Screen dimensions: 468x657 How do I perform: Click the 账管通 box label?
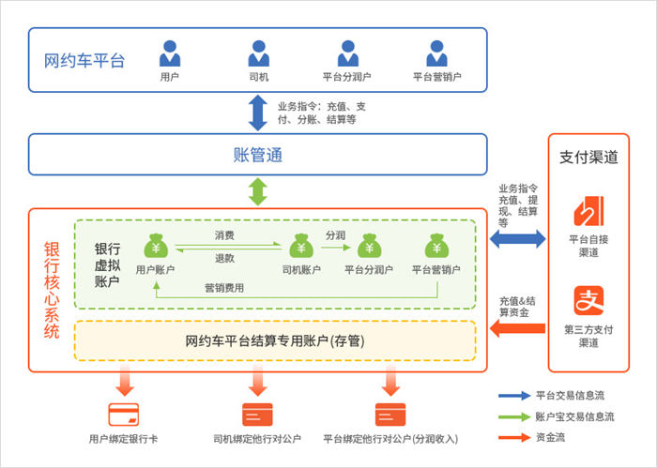click(257, 155)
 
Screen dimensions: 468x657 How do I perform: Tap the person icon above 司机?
click(259, 53)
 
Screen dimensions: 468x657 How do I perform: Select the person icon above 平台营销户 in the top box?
click(436, 53)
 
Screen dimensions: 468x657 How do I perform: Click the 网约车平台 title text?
click(84, 62)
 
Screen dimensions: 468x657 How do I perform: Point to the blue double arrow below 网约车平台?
click(257, 113)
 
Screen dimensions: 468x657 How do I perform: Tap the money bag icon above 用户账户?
click(156, 247)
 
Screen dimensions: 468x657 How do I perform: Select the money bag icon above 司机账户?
click(301, 247)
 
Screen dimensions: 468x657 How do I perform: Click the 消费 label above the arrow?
click(225, 234)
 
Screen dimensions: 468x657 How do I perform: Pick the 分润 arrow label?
click(336, 234)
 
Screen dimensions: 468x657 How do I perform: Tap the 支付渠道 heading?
click(588, 158)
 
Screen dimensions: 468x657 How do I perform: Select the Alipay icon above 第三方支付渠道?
click(588, 303)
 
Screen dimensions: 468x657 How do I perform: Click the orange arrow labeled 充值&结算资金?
click(515, 328)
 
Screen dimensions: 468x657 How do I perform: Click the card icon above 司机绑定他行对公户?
click(257, 414)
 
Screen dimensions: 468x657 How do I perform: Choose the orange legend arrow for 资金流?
click(514, 436)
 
